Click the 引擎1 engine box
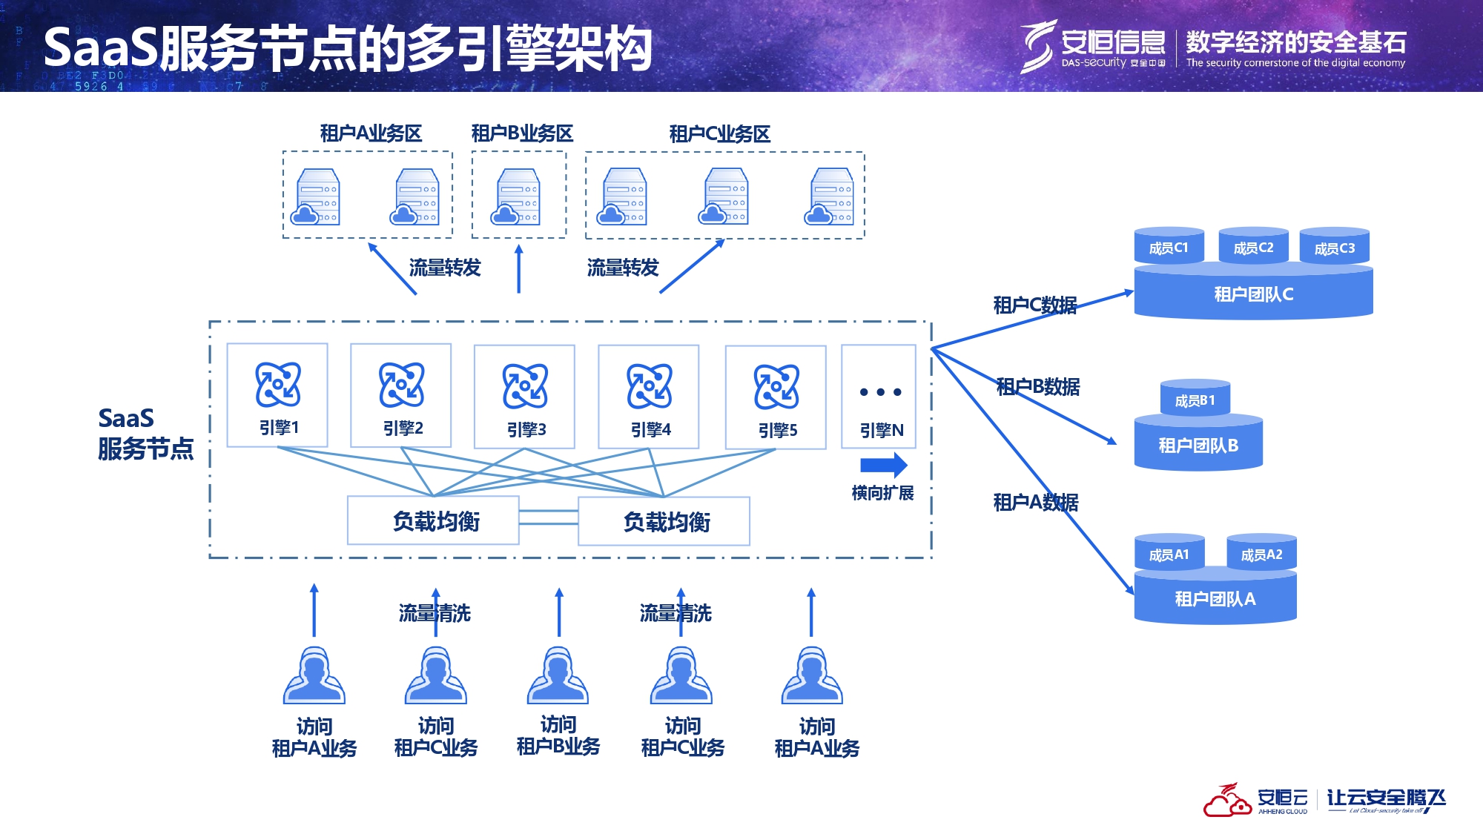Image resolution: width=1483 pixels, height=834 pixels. point(277,395)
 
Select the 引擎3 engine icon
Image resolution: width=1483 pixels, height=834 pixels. point(525,386)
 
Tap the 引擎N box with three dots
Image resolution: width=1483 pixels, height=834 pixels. point(879,397)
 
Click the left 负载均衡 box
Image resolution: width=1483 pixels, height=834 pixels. point(434,521)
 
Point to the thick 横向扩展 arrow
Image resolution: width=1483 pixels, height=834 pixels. point(883,466)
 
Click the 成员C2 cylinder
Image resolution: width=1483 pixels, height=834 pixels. point(1253,247)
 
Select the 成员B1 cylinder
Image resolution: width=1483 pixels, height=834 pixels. point(1195,400)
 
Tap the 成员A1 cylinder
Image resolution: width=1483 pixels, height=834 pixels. point(1169,554)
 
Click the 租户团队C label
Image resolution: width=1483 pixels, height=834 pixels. point(1253,294)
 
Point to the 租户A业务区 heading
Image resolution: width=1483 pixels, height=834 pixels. point(371,133)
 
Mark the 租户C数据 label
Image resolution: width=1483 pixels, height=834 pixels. point(1034,305)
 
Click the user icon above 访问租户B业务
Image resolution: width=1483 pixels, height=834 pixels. point(558,675)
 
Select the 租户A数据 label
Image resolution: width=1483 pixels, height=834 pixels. point(1035,503)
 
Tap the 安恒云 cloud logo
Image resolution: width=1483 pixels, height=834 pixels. point(1227,801)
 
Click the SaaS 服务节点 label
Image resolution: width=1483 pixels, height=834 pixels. point(145,434)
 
